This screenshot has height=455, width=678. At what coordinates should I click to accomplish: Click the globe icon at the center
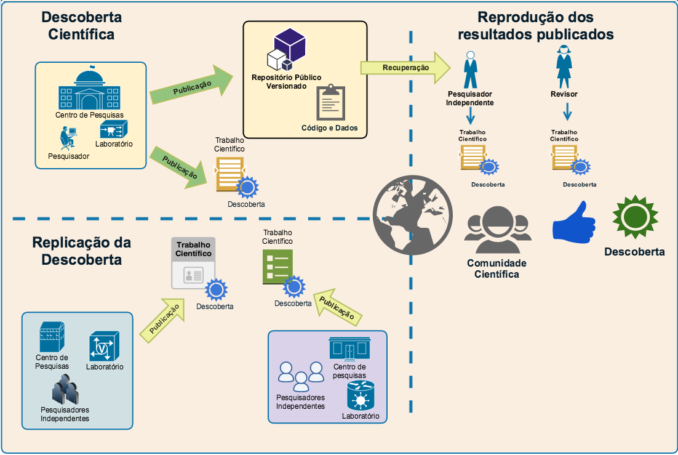click(x=413, y=214)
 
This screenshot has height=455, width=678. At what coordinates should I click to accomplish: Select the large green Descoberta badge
click(x=635, y=217)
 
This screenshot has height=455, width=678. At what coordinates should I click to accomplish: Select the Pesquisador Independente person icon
click(x=470, y=70)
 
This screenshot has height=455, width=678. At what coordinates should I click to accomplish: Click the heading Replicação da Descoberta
click(x=82, y=251)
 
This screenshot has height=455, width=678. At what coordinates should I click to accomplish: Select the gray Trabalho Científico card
click(x=193, y=263)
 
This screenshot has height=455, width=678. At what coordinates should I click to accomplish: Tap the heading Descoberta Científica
click(x=82, y=25)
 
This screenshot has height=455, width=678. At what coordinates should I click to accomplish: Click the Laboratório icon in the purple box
click(x=361, y=395)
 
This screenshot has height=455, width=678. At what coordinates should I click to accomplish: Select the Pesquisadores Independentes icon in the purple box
click(x=301, y=376)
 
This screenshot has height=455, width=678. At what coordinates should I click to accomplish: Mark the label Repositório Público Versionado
click(x=286, y=82)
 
